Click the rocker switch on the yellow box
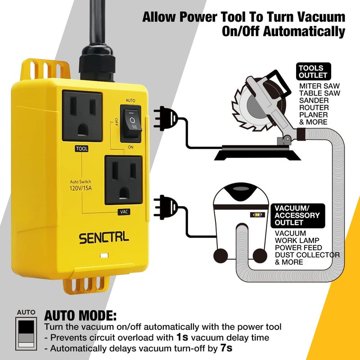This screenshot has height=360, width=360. (x=130, y=121)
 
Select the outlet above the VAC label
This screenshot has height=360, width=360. (x=123, y=180)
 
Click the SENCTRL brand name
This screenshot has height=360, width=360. (x=104, y=238)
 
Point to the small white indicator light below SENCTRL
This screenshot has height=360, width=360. (x=104, y=256)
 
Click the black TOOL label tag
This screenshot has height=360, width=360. (x=81, y=148)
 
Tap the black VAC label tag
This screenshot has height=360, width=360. (x=123, y=211)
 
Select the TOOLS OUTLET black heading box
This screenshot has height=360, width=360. (x=312, y=72)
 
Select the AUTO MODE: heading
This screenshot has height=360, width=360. (x=80, y=315)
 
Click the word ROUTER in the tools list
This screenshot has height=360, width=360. (x=314, y=108)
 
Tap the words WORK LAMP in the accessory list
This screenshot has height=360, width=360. (x=298, y=241)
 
